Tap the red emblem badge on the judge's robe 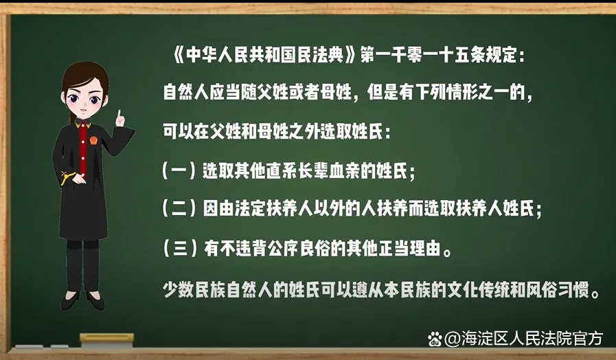pyautogui.click(x=93, y=140)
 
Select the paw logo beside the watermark pyautogui.click(x=435, y=339)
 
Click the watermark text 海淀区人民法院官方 pyautogui.click(x=532, y=339)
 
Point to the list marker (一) pyautogui.click(x=179, y=171)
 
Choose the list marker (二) pyautogui.click(x=179, y=208)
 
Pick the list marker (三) pyautogui.click(x=179, y=249)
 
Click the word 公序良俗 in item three pyautogui.click(x=300, y=249)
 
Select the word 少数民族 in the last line pyautogui.click(x=194, y=291)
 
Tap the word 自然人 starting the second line pyautogui.click(x=186, y=93)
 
